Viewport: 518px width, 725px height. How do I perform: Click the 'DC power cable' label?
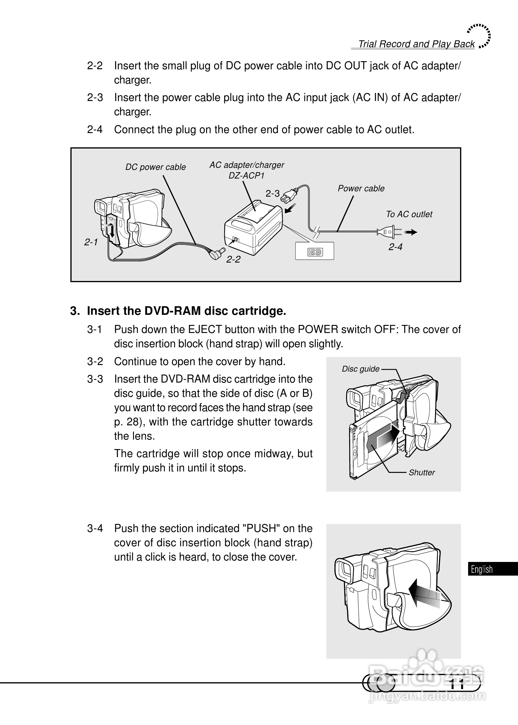[155, 167]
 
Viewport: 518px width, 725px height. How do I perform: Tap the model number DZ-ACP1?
[246, 176]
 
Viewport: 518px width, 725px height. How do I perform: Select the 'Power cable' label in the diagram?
[361, 189]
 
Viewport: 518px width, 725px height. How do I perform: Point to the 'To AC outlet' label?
[409, 214]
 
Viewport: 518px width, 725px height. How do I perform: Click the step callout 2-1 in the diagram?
[91, 242]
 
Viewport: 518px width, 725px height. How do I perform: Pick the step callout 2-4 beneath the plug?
[395, 247]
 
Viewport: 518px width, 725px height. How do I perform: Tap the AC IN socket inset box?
[315, 251]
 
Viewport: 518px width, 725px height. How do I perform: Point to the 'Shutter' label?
[421, 473]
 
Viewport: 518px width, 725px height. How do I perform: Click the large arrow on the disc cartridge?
[387, 437]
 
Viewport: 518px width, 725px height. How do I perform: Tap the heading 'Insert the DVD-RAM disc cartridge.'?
[186, 311]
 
